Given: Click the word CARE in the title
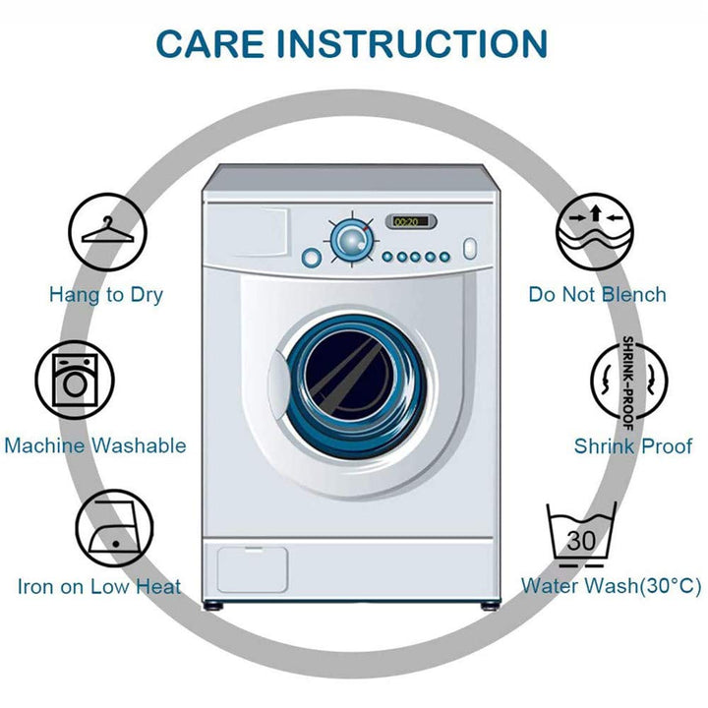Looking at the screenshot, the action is tap(210, 43).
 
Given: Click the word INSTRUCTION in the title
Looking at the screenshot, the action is tap(412, 43).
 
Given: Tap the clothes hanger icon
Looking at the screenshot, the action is tap(107, 232).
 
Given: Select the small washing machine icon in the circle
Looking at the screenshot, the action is tap(75, 381).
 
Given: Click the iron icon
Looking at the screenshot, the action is tap(114, 528).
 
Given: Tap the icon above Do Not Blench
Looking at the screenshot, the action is tap(595, 232).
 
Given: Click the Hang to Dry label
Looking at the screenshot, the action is tap(106, 295).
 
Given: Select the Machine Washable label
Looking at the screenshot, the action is tap(95, 445).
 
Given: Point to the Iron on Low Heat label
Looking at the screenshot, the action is tap(99, 586).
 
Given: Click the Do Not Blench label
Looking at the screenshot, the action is tap(598, 294).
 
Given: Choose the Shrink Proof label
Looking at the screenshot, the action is tap(633, 446).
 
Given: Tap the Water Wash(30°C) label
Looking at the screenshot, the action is tap(612, 586).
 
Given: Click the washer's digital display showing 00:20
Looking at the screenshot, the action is tap(410, 221).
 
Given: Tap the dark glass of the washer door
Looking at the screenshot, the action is tap(349, 376).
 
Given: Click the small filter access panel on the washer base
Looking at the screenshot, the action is tap(253, 569).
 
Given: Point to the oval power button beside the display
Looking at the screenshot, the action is tap(470, 249).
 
